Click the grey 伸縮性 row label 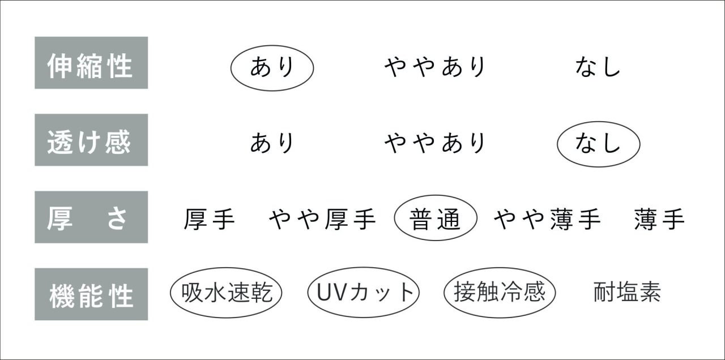[x=91, y=63]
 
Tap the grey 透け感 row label [x=91, y=140]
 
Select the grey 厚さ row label [x=91, y=217]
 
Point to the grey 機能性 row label [x=91, y=294]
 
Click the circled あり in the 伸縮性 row [x=272, y=68]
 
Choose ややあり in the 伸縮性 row [x=434, y=67]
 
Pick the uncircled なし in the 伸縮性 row [x=598, y=67]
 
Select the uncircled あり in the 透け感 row [x=272, y=143]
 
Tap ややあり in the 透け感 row [x=434, y=143]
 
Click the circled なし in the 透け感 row [x=599, y=144]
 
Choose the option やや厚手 [x=322, y=219]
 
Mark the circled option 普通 [x=436, y=218]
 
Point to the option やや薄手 [x=547, y=219]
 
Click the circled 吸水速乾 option [x=226, y=293]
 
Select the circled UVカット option [x=364, y=293]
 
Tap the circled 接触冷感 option [x=500, y=293]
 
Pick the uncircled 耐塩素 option [x=627, y=292]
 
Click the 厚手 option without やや [x=209, y=219]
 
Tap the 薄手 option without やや [x=659, y=219]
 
